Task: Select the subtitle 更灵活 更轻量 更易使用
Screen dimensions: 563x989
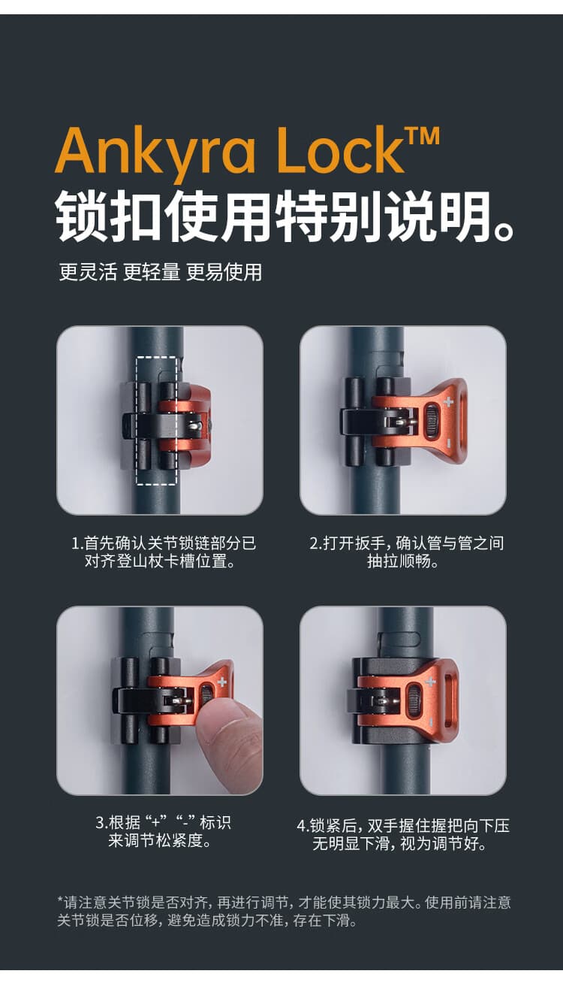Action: pos(161,272)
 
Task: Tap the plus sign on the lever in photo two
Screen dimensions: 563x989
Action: pos(448,402)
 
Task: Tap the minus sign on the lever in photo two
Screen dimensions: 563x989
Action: pos(448,443)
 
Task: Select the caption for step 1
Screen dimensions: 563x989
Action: pos(163,552)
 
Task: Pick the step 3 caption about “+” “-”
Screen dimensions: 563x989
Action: pos(163,831)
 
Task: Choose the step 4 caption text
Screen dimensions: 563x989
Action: pos(403,834)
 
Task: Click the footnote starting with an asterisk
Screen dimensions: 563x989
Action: pos(284,912)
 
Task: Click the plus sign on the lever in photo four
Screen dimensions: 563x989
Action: pos(430,682)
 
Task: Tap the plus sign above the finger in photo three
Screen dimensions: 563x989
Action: pos(221,682)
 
